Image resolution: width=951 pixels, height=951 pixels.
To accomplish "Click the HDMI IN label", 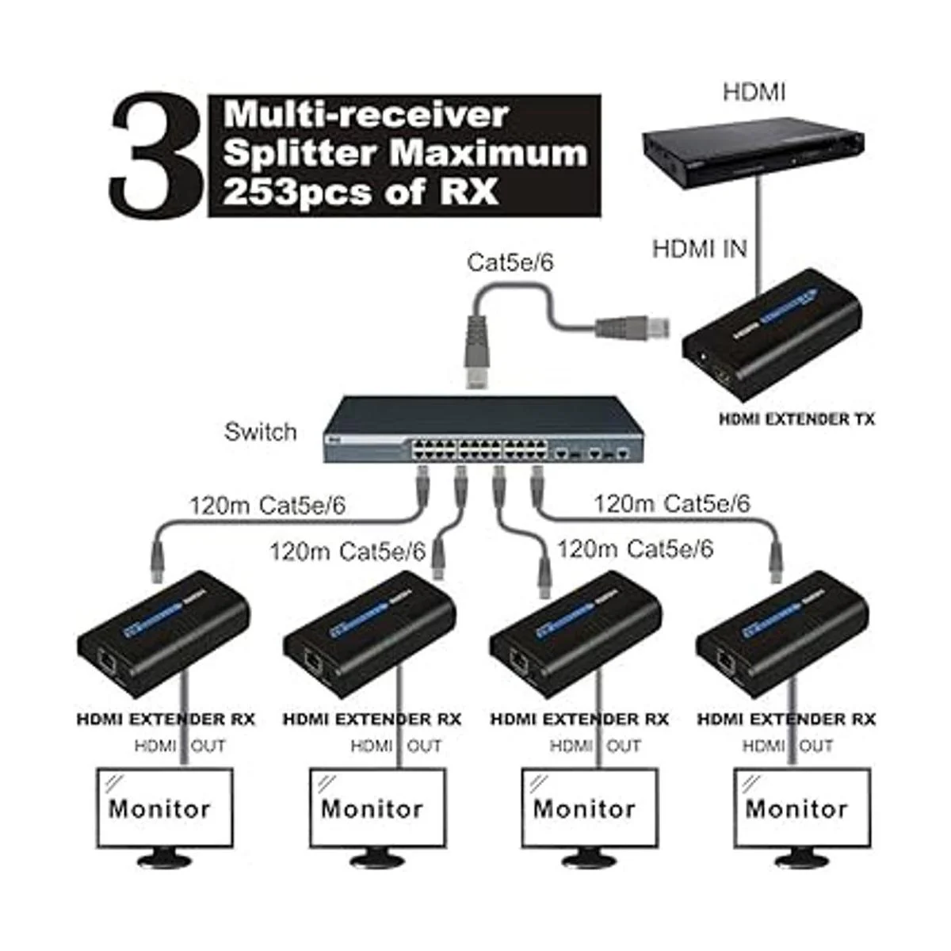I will click(x=699, y=249).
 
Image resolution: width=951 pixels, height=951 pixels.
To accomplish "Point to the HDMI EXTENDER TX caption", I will click(x=796, y=419).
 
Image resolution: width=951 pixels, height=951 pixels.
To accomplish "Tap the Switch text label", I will click(x=260, y=432).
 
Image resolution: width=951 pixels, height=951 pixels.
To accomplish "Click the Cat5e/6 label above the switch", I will click(x=510, y=262).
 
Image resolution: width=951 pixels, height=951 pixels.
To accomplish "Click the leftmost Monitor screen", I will click(x=164, y=808).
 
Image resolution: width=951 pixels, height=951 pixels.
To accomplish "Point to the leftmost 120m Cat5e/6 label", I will click(x=267, y=506).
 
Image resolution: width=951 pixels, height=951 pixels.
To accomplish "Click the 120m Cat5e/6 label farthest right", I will click(x=671, y=503).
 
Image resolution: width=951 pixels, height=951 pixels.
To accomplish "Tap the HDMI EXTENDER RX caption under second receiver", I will click(x=372, y=720).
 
